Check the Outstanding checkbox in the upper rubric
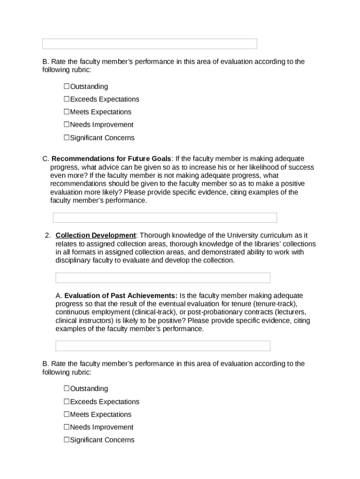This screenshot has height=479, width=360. tap(66, 87)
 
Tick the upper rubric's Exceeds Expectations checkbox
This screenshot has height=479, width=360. tap(66, 99)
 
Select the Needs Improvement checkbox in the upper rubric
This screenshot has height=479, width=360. tap(66, 124)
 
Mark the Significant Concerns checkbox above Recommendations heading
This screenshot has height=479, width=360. tap(66, 138)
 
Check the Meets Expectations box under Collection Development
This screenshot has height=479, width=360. tap(66, 414)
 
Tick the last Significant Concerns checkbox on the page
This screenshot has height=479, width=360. tap(66, 440)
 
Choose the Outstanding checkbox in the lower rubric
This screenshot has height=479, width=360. tap(66, 389)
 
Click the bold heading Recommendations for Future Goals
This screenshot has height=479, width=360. tap(111, 159)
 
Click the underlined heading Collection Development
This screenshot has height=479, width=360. tap(95, 235)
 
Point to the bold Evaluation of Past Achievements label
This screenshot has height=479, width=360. tap(121, 296)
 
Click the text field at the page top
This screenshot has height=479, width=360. tap(150, 44)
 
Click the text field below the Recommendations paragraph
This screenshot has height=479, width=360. tap(165, 218)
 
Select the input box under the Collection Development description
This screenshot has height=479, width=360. tap(163, 278)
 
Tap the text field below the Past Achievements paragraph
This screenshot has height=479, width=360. tap(163, 346)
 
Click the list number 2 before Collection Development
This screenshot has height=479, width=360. tap(47, 235)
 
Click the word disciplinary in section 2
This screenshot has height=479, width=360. tap(73, 261)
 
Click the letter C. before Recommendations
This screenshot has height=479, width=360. tap(45, 159)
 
